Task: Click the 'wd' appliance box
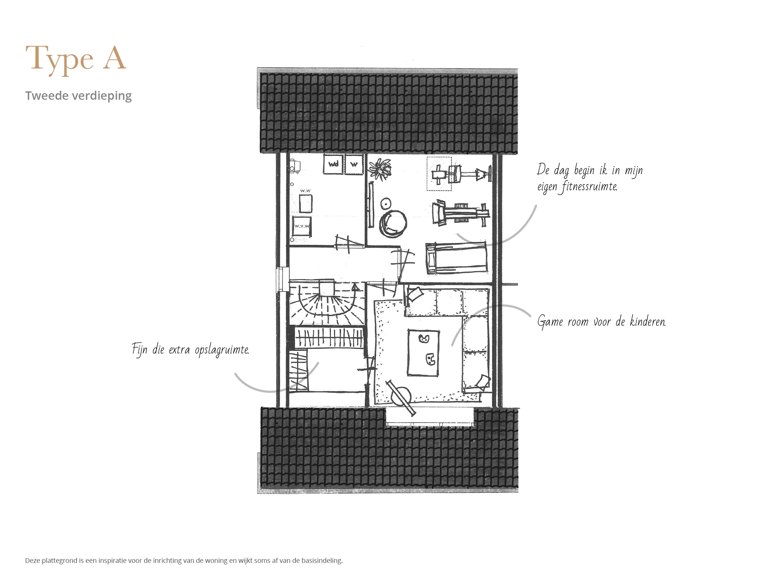(x=334, y=164)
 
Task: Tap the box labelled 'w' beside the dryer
(x=354, y=164)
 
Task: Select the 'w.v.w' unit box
(x=302, y=226)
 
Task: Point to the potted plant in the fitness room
(x=380, y=169)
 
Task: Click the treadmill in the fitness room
(x=456, y=258)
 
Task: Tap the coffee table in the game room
(x=423, y=353)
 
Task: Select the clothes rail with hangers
(x=329, y=337)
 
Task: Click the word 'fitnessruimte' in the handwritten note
(x=589, y=187)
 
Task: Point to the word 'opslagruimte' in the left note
(x=222, y=350)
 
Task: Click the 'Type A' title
(x=76, y=59)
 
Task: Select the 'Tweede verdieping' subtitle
(x=78, y=95)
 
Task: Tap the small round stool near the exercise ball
(x=386, y=203)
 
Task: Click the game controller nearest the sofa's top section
(x=424, y=339)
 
